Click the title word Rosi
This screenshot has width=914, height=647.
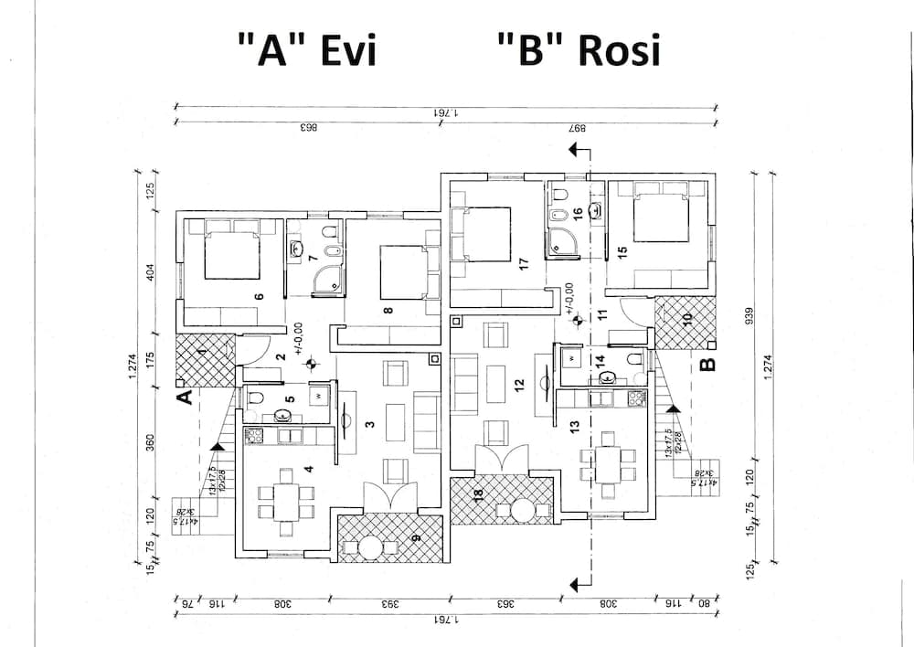[619, 52]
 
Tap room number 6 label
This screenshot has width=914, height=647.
[259, 297]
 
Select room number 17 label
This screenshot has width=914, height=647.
[524, 263]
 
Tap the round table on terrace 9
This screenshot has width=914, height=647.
[370, 547]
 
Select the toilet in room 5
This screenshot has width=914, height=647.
[255, 398]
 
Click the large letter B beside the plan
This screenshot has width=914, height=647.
[707, 366]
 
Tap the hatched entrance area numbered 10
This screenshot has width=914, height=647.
[685, 322]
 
